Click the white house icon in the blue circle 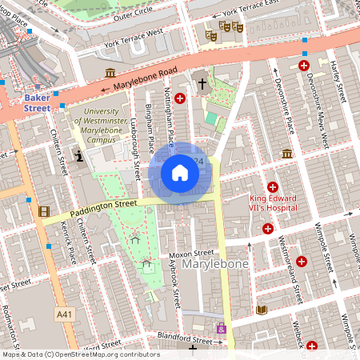[180, 172]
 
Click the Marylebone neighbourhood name [215, 263]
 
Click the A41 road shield [64, 315]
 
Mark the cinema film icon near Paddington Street [43, 212]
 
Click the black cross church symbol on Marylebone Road [202, 83]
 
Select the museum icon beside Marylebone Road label [110, 74]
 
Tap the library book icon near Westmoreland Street [261, 310]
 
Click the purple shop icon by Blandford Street [222, 328]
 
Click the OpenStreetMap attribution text [80, 354]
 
